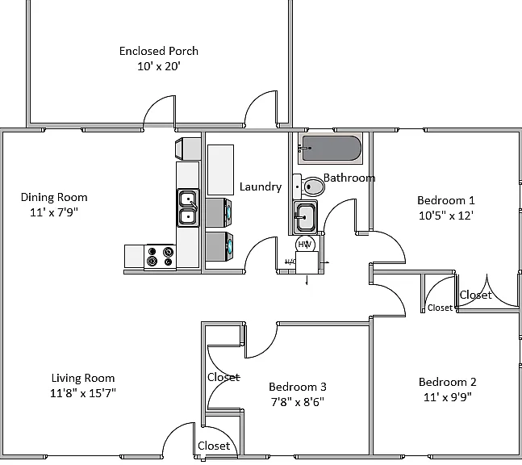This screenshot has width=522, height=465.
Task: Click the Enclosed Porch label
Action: (159, 51)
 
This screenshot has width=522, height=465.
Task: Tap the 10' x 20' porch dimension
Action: (159, 66)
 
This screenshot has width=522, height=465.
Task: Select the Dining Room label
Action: (54, 197)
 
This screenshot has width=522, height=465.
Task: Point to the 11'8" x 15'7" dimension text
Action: (83, 393)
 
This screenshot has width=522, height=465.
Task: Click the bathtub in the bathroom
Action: (330, 149)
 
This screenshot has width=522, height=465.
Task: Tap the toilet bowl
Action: (314, 186)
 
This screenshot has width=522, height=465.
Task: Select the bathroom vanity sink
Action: (305, 217)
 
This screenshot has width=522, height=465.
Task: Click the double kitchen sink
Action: (188, 207)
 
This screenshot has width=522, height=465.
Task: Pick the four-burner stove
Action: (160, 257)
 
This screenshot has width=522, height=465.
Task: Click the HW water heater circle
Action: (305, 244)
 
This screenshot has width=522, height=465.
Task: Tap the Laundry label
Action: (261, 186)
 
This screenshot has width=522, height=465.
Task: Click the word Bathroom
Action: (349, 178)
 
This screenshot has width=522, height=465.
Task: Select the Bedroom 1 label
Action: (446, 200)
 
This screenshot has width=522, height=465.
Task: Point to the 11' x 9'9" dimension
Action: (448, 397)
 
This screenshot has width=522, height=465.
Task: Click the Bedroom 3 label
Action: (298, 387)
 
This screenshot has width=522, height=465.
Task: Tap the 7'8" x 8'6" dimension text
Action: (298, 402)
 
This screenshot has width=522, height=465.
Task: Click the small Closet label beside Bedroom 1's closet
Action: (440, 308)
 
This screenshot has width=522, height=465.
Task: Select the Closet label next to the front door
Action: (214, 446)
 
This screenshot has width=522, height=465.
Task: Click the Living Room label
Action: (83, 378)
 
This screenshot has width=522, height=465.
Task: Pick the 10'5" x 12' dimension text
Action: (446, 216)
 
